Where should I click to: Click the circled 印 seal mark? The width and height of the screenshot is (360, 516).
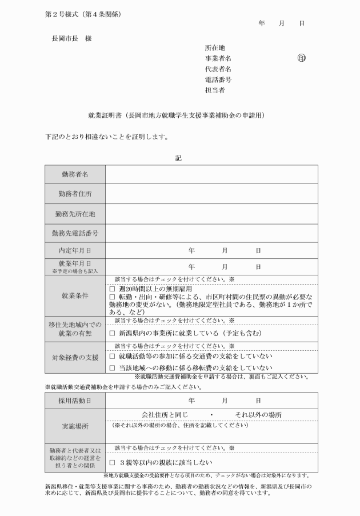pos(301,58)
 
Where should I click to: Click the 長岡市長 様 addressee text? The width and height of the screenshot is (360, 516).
pos(71,38)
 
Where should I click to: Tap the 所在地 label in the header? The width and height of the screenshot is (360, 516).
pos(215,48)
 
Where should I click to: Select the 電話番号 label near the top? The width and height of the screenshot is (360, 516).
pos(218,79)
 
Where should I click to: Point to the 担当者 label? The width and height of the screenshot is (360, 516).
pos(215,90)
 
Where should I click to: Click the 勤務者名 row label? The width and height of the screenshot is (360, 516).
pos(75,174)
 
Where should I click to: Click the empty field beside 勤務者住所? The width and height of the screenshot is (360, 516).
pos(211,194)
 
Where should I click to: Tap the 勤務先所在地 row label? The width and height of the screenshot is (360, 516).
pos(75,214)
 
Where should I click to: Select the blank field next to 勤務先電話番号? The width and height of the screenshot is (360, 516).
pos(211,233)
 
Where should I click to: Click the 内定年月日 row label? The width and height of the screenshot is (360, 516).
pos(75,250)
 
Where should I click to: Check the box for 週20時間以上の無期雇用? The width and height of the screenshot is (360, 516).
pos(112,289)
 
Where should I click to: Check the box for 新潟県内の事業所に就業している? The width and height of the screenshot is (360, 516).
pos(112,333)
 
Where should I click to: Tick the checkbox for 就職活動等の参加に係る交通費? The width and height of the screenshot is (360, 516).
pos(112,355)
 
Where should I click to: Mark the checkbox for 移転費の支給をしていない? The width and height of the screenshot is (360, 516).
pos(112,367)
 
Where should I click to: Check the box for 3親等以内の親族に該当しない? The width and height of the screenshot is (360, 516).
pos(112,462)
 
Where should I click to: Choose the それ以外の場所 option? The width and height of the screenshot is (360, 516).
pos(258,414)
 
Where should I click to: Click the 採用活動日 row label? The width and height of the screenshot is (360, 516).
pos(75,401)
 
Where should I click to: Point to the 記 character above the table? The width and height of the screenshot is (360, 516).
pos(178,158)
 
